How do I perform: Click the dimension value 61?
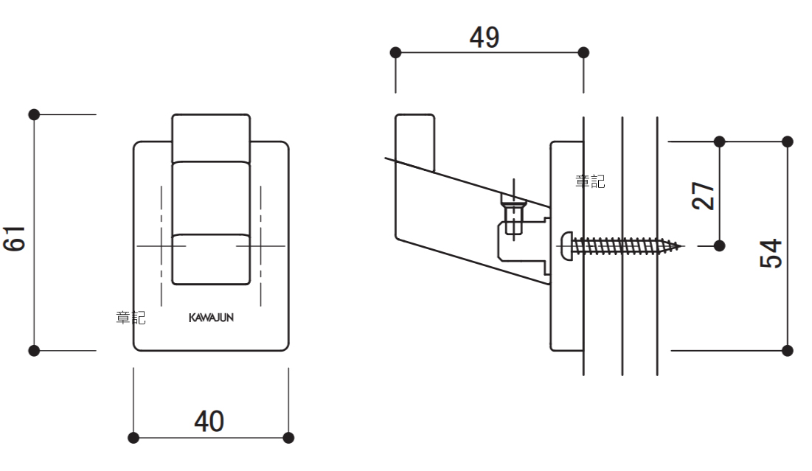(15, 238)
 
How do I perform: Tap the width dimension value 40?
(209, 421)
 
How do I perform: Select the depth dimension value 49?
(485, 38)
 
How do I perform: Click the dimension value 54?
(771, 253)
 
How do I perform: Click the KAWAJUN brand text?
(211, 318)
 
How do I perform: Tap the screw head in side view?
(565, 245)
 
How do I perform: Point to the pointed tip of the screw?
(682, 245)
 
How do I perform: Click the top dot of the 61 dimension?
(34, 114)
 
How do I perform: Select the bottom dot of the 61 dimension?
(34, 350)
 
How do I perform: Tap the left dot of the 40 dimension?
(133, 438)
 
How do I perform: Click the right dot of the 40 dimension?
(288, 438)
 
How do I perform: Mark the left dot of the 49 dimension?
(396, 52)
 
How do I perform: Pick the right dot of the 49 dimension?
(583, 52)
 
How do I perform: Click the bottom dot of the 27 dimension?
(720, 245)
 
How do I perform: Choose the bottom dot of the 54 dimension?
(787, 350)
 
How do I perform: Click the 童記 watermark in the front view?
(131, 318)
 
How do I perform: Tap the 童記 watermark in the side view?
(590, 181)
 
